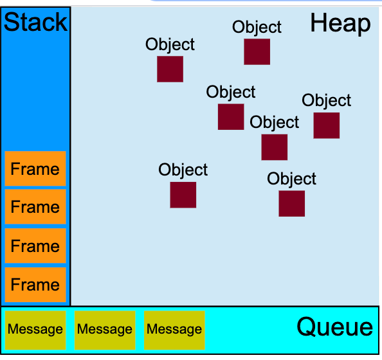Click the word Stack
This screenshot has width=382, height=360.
(x=35, y=22)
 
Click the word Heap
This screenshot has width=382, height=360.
(x=340, y=24)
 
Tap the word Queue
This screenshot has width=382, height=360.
(x=334, y=327)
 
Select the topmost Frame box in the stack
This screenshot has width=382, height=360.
(x=35, y=169)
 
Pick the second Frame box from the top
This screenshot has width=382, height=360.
(x=35, y=207)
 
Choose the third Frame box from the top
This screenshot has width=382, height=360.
(x=35, y=246)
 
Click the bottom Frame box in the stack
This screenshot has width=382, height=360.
(x=35, y=284)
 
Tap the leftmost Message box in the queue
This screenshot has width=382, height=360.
(x=35, y=329)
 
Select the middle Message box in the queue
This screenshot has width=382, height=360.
(x=104, y=329)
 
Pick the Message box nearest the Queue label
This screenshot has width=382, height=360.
(x=174, y=329)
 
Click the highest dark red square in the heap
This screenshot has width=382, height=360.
(x=257, y=52)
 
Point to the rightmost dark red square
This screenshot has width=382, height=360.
(x=326, y=125)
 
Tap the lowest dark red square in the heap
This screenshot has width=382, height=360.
(x=291, y=203)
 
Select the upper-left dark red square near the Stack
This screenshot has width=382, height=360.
(x=170, y=69)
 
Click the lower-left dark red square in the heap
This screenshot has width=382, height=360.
(x=183, y=195)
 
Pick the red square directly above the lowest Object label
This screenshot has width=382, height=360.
(x=274, y=147)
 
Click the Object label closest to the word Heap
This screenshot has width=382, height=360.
(x=257, y=27)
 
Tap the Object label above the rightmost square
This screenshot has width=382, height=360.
(x=326, y=100)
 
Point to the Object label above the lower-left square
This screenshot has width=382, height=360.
(x=183, y=170)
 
